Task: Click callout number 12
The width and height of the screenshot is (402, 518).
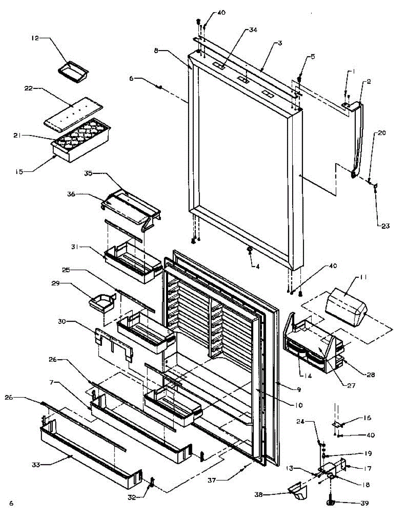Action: (x=35, y=38)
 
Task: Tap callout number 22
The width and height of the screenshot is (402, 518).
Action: (x=29, y=88)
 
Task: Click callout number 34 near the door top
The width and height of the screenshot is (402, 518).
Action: (x=253, y=30)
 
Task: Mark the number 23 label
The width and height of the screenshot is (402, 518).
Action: (x=385, y=226)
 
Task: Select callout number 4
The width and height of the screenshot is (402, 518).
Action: (x=257, y=266)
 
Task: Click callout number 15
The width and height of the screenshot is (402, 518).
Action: (x=19, y=172)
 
